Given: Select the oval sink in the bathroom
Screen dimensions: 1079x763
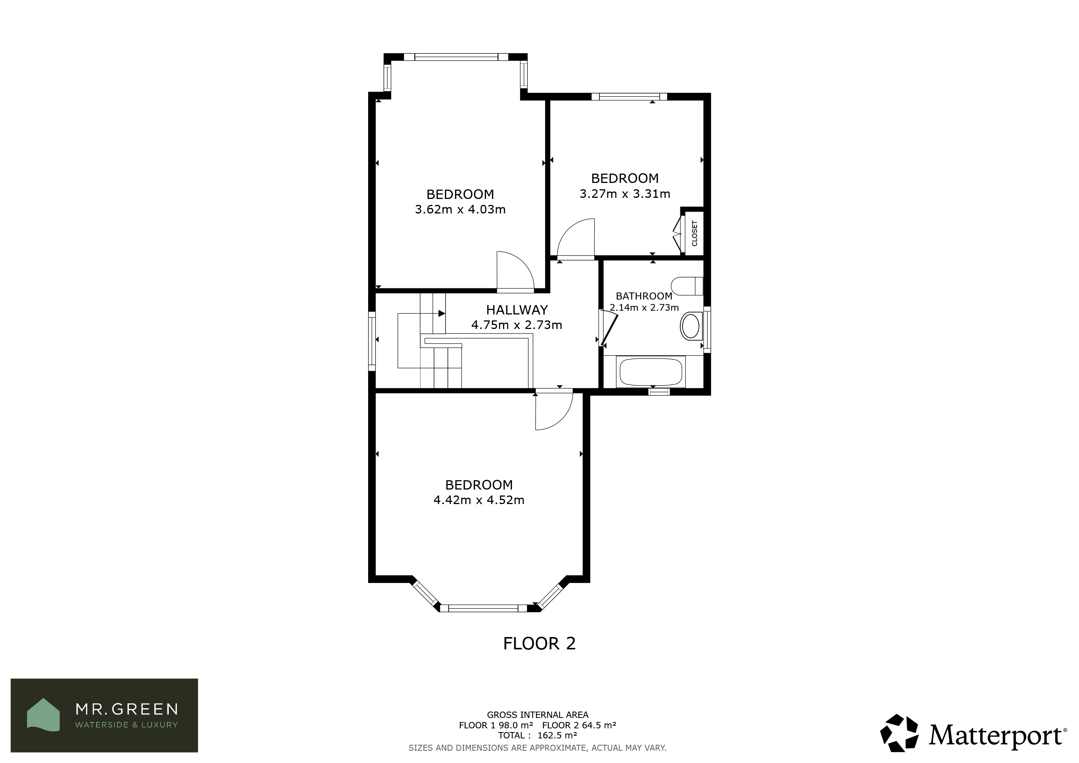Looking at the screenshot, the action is (x=690, y=326).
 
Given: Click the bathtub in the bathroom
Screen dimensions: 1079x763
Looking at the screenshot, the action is (x=651, y=372).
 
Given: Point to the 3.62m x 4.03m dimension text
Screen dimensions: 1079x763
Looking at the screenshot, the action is (x=460, y=209).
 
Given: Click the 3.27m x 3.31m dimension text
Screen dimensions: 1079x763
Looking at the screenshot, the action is (x=624, y=194).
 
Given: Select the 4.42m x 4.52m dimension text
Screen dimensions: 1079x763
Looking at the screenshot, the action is (x=479, y=500).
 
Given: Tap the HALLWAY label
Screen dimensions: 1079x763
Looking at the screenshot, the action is (x=516, y=310).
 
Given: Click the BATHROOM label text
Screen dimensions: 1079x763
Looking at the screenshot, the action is (x=644, y=296).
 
